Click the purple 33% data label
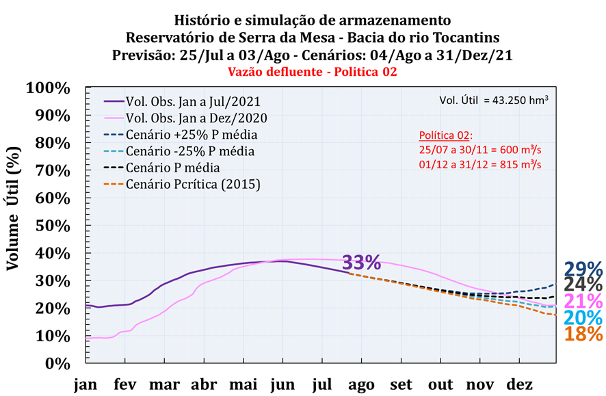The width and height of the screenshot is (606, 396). click(x=361, y=262)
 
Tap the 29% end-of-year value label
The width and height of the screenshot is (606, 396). click(x=583, y=269)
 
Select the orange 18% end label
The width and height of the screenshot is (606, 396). click(x=583, y=334)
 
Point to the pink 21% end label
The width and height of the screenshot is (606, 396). click(x=583, y=302)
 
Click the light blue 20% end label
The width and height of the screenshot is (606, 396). click(x=583, y=318)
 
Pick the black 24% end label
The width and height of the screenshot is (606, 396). click(x=583, y=285)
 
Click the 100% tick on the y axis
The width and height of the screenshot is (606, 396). click(x=48, y=88)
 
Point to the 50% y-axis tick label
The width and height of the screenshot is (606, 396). click(x=52, y=226)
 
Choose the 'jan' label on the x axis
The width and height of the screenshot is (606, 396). click(x=85, y=386)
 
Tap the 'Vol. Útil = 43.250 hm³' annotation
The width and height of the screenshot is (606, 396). click(x=493, y=101)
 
